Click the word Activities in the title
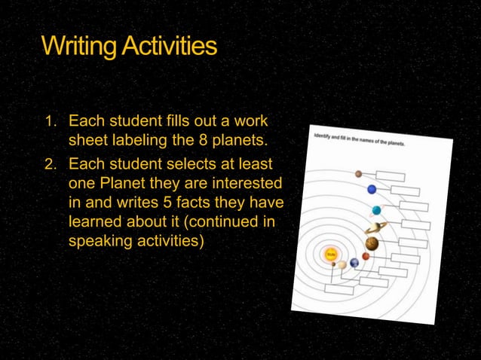170,46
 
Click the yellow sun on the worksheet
330,255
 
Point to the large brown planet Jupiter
372,243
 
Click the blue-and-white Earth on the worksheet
354,262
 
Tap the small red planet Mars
366,256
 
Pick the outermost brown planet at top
359,174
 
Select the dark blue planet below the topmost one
372,189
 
